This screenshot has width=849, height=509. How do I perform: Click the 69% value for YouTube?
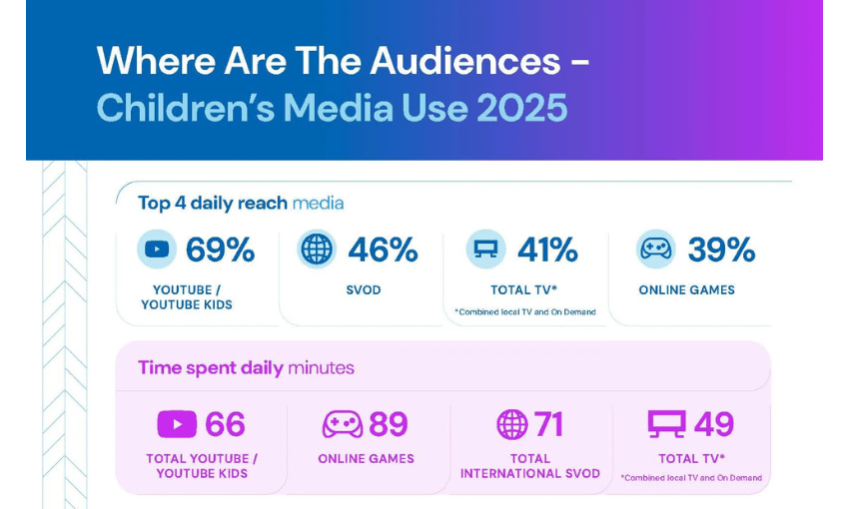click(221, 250)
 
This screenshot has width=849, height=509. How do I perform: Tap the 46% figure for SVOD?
click(383, 250)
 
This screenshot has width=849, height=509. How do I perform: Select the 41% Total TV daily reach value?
click(547, 250)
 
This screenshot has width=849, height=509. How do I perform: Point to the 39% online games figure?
click(721, 250)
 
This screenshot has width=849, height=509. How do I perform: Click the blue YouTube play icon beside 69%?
click(157, 250)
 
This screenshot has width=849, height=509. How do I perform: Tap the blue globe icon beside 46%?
click(317, 250)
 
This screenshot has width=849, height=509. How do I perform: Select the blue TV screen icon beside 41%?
click(485, 250)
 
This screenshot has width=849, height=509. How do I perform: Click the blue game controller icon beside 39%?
click(655, 250)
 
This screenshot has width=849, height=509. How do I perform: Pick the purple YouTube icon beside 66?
click(177, 424)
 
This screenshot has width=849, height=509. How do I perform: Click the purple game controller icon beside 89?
click(342, 424)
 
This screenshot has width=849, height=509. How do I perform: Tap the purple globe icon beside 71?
click(511, 424)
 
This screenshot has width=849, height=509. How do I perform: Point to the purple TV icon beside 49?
click(666, 424)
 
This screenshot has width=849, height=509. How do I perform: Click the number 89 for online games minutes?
click(389, 424)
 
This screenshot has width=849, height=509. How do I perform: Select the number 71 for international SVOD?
click(548, 424)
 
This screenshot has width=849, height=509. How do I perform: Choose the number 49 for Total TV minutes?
click(714, 424)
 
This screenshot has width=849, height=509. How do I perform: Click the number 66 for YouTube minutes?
click(225, 424)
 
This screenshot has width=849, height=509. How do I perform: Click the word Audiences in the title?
click(465, 61)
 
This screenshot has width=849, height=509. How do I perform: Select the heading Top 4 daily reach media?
click(241, 203)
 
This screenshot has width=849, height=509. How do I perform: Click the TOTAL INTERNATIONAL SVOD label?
click(530, 466)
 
